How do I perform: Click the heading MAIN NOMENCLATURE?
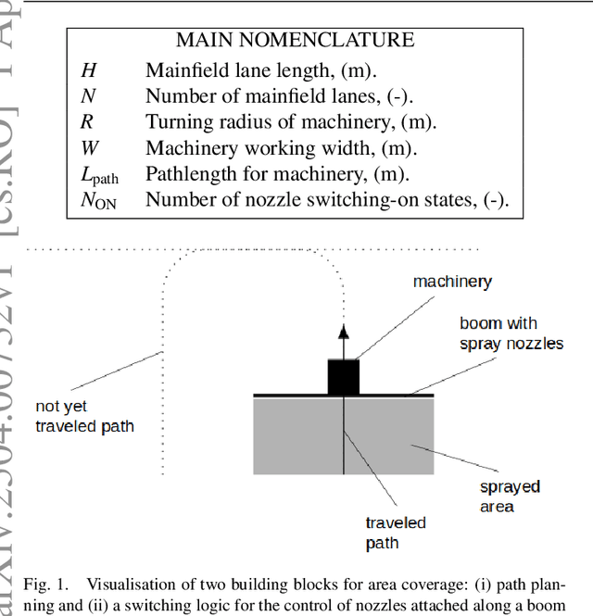pyautogui.click(x=296, y=41)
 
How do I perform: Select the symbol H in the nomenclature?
pyautogui.click(x=86, y=69)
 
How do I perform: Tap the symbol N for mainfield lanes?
pyautogui.click(x=86, y=95)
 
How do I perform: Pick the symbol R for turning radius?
pyautogui.click(x=85, y=121)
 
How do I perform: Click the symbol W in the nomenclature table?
pyautogui.click(x=87, y=147)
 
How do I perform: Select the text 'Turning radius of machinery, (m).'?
pyautogui.click(x=290, y=121)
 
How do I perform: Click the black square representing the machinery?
pyautogui.click(x=344, y=376)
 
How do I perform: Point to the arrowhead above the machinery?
pyautogui.click(x=344, y=333)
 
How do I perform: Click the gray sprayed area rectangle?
pyautogui.click(x=389, y=435)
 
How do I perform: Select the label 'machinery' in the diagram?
pyautogui.click(x=452, y=282)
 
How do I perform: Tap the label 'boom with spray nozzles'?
pyautogui.click(x=511, y=333)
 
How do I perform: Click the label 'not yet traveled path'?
pyautogui.click(x=84, y=416)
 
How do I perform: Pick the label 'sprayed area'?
pyautogui.click(x=509, y=497)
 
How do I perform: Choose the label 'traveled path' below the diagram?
pyautogui.click(x=396, y=533)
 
